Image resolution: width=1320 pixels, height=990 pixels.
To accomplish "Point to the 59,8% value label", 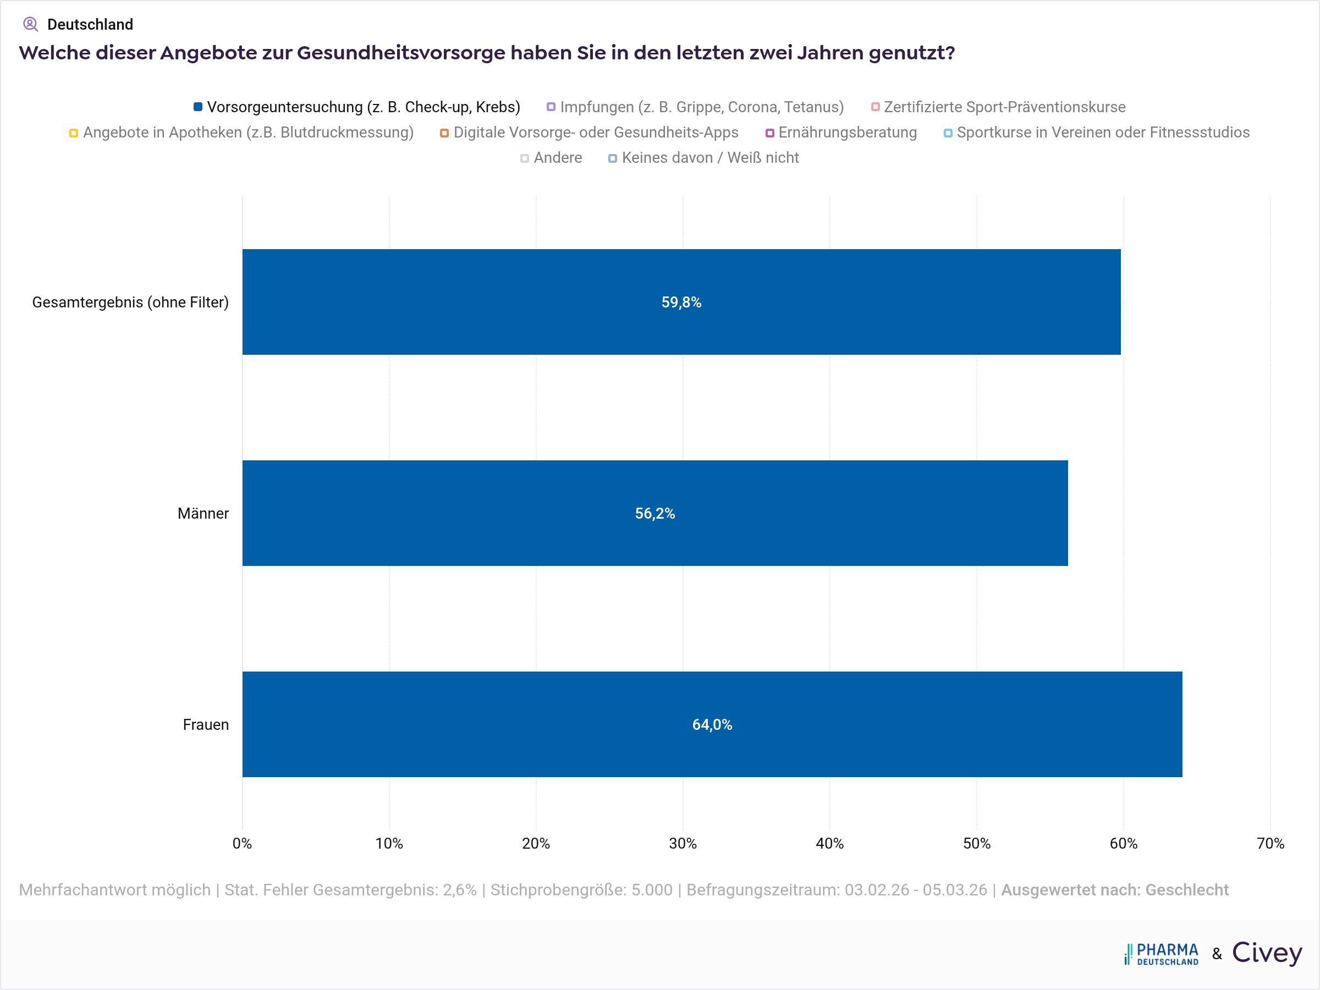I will point(681,302).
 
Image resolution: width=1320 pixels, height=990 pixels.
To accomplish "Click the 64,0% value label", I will point(712,724).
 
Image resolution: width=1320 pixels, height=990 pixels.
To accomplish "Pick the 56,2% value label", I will point(654,513).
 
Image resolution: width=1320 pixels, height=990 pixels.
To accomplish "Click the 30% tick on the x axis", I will point(683,843).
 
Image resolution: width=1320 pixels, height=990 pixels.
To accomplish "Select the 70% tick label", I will point(1270,843).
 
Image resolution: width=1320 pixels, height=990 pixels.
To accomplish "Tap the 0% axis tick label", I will point(243,843).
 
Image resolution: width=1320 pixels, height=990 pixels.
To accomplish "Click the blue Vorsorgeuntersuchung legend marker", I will point(197,107).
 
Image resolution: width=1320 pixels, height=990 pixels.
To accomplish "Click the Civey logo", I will point(1267,953).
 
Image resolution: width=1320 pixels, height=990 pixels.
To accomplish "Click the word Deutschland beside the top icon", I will point(90,24).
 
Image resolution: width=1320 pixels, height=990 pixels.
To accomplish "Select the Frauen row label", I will point(205,724).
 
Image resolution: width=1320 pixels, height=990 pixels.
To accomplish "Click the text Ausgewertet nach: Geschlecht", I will point(1114,890).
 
